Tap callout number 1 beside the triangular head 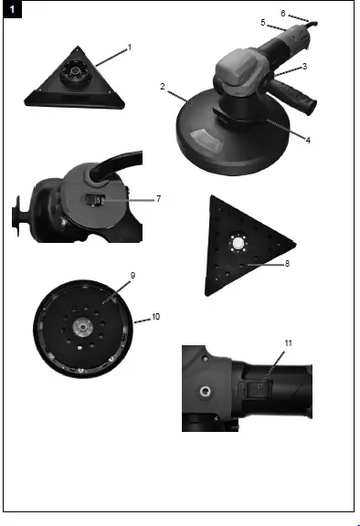(x=130, y=46)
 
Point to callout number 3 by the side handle (x=304, y=67)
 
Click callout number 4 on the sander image (x=308, y=140)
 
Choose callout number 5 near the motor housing (x=263, y=22)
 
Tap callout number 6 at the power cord (x=282, y=14)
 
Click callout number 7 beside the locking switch (x=158, y=198)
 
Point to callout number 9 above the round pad (x=132, y=274)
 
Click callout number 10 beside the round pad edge (x=156, y=316)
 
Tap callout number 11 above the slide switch (x=288, y=342)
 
